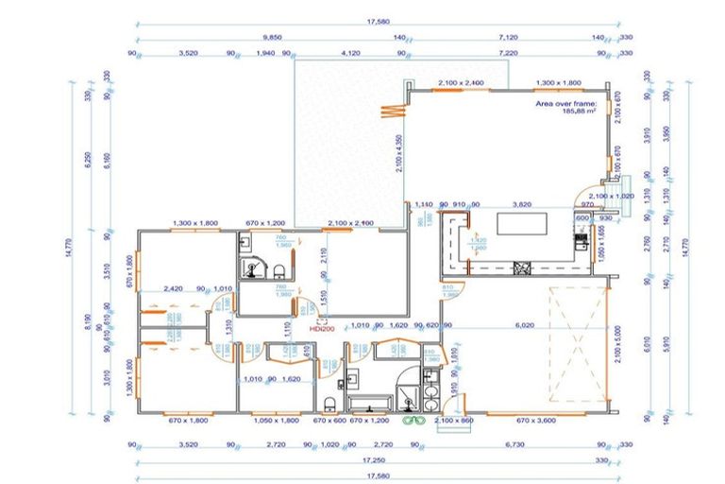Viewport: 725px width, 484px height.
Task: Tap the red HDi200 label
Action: pyautogui.click(x=322, y=329)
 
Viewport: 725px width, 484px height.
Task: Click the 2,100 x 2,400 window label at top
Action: pyautogui.click(x=460, y=83)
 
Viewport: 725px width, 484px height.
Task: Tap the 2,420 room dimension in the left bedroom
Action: pyautogui.click(x=173, y=288)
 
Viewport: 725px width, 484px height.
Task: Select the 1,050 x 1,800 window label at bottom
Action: pyautogui.click(x=277, y=420)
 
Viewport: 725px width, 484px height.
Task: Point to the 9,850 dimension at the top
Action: pyautogui.click(x=272, y=39)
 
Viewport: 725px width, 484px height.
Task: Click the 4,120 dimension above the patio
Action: pyautogui.click(x=351, y=54)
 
